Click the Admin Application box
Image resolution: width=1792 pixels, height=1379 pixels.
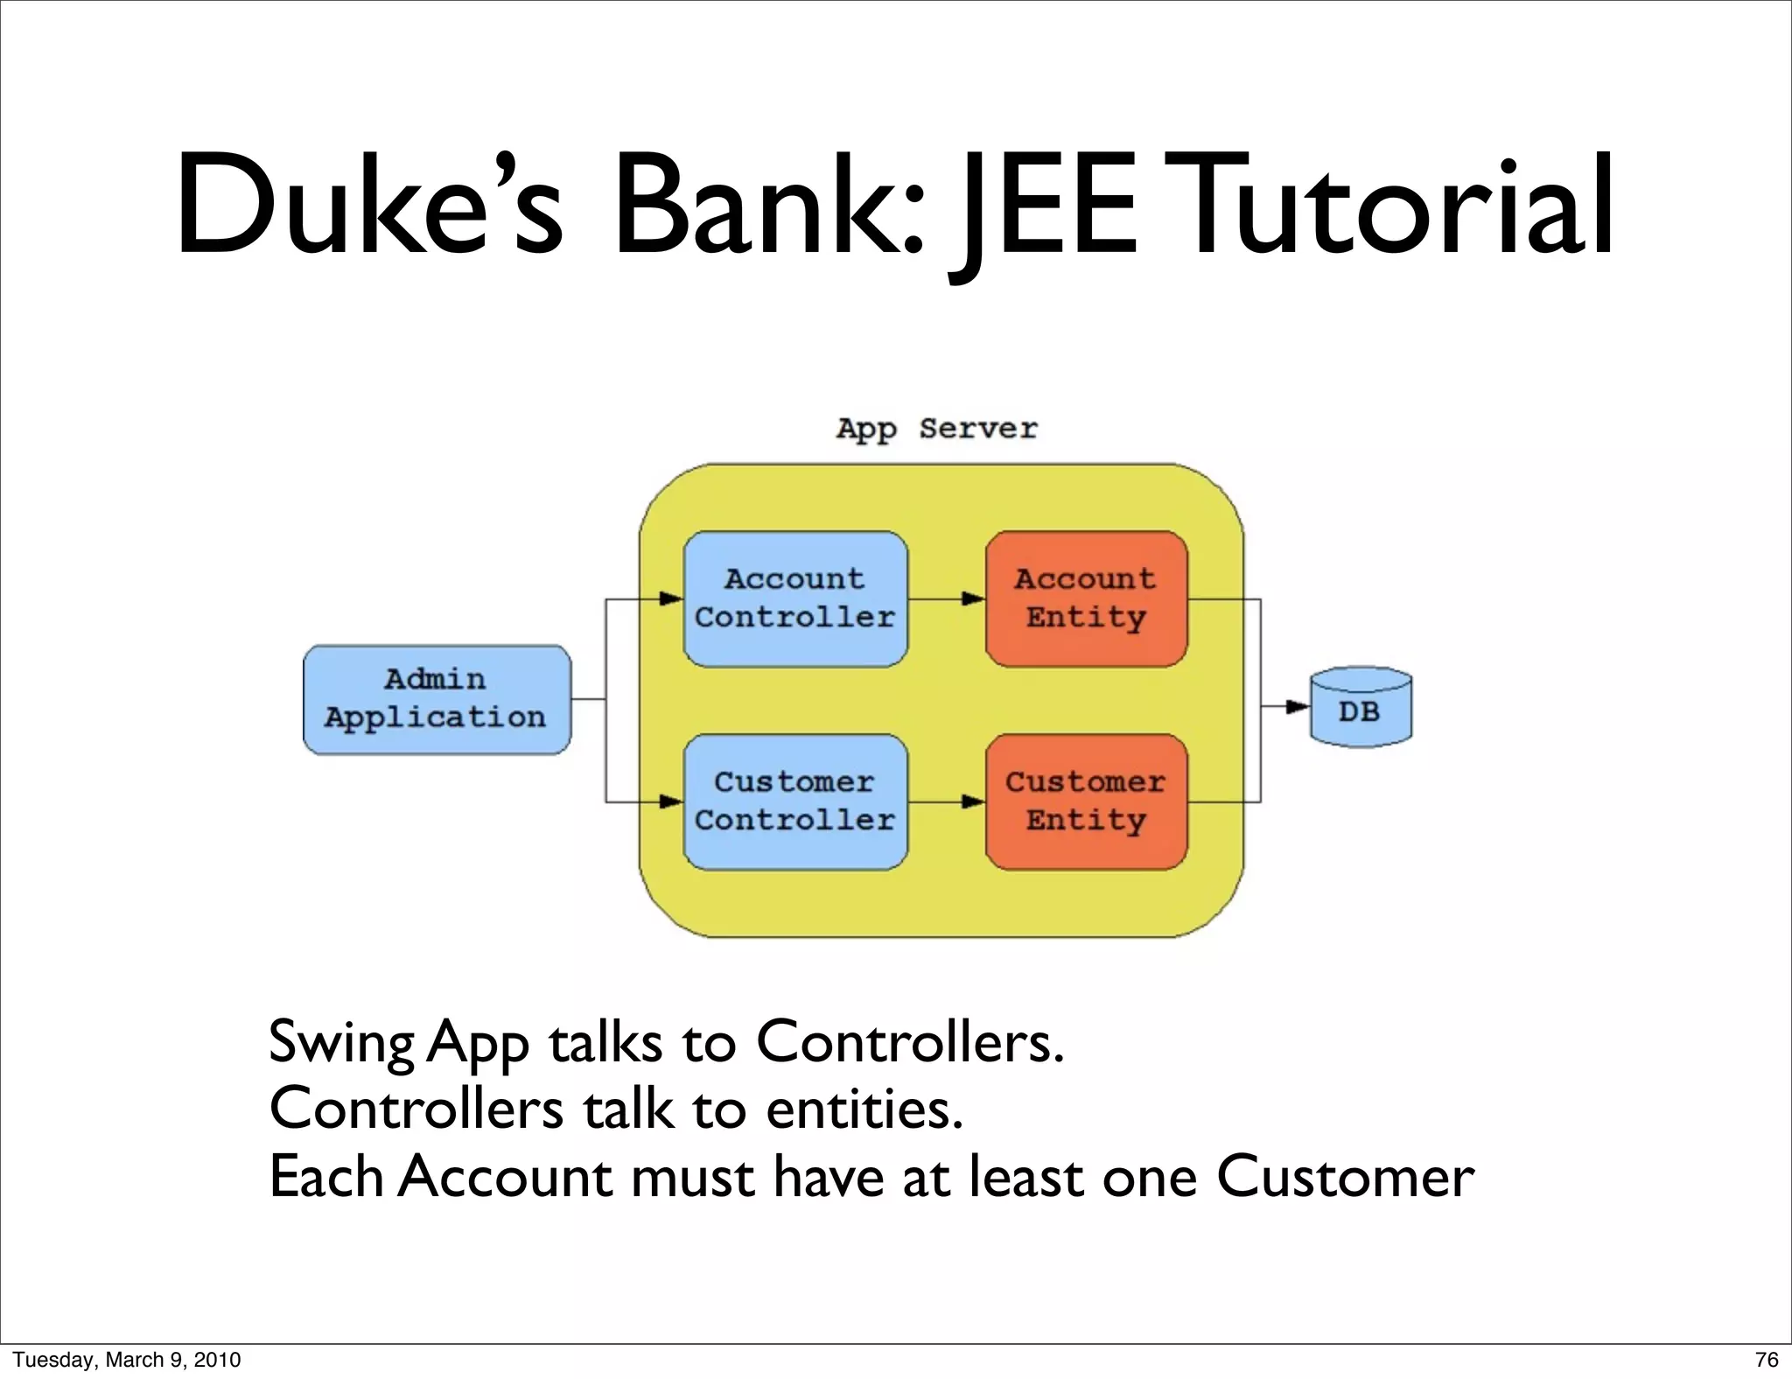[436, 699]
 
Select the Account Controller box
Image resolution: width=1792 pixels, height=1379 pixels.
[794, 598]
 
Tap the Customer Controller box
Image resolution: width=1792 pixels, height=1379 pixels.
[794, 801]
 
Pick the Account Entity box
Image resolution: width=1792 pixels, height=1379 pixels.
[1085, 598]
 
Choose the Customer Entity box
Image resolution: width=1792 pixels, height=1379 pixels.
[1085, 801]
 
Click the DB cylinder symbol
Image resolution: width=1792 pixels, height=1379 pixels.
[1360, 708]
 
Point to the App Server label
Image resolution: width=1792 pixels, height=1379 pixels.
[936, 429]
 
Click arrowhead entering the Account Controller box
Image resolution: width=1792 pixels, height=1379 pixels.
[671, 599]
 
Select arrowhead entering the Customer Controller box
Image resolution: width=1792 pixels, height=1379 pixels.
[671, 801]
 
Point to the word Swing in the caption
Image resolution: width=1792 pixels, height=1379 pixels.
[341, 1043]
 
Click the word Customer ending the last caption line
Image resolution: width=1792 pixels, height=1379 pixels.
[1345, 1177]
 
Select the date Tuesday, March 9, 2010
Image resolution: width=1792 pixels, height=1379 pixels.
[127, 1360]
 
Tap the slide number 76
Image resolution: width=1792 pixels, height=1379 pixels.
[1766, 1360]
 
